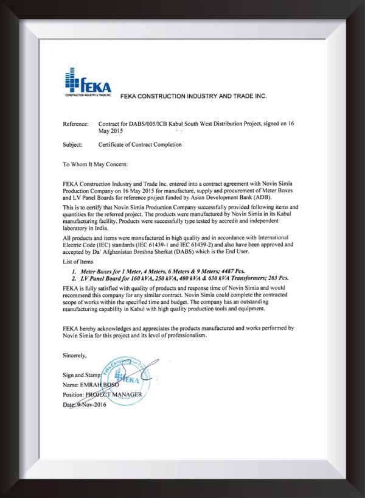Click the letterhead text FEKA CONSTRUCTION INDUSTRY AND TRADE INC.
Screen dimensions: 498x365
pyautogui.click(x=193, y=96)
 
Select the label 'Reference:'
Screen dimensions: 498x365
pyautogui.click(x=76, y=124)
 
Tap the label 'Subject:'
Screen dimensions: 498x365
pyautogui.click(x=73, y=145)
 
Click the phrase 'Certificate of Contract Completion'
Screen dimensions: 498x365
pyautogui.click(x=140, y=145)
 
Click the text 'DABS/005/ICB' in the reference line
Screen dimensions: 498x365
pyautogui.click(x=155, y=124)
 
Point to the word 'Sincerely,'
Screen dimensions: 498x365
pyautogui.click(x=75, y=354)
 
